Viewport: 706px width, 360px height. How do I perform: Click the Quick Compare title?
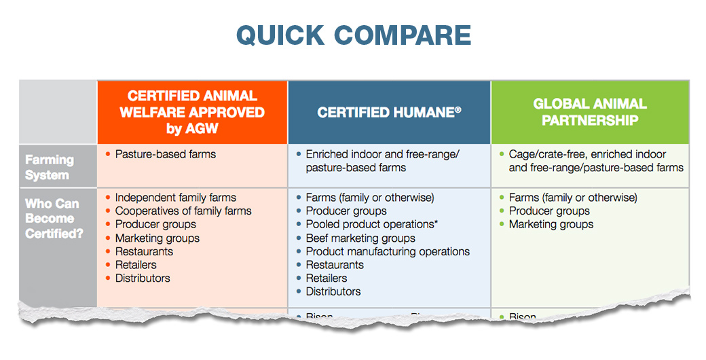point(353,35)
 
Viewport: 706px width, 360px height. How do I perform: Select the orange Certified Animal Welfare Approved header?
point(192,112)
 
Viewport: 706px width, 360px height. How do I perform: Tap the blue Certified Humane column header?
point(389,112)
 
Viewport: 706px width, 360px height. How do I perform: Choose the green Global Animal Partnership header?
point(589,112)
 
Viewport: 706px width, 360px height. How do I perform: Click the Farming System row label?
point(50,167)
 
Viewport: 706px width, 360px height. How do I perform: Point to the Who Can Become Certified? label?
point(52,218)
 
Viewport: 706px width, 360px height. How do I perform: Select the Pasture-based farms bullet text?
point(165,154)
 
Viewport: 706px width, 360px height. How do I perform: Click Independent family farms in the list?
point(175,198)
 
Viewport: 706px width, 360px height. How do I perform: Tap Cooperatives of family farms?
point(183,211)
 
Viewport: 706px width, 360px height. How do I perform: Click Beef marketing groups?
point(360,238)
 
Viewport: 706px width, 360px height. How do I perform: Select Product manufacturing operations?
point(388,251)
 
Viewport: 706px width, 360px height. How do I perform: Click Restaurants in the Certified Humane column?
point(335,265)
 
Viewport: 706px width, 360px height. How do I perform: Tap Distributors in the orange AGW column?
point(143,278)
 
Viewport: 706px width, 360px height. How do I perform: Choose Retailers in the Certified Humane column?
point(326,278)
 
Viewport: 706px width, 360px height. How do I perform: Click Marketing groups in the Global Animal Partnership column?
point(551,224)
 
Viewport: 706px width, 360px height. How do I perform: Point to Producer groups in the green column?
point(549,211)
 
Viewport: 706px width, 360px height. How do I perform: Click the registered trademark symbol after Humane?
point(458,109)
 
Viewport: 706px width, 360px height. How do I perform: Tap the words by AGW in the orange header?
point(192,128)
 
